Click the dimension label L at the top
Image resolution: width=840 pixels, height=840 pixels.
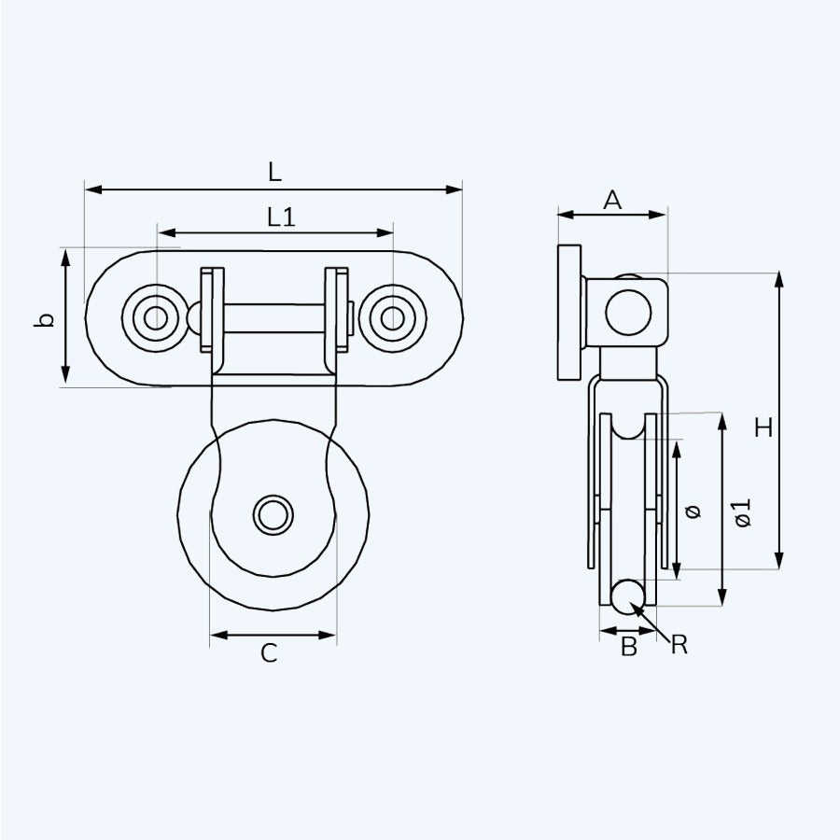(273, 172)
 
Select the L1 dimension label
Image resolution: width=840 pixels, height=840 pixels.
(281, 217)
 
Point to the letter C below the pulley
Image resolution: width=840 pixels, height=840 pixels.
(269, 654)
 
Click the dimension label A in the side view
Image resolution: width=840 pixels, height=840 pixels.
(612, 199)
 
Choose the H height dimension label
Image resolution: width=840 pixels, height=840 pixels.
(763, 428)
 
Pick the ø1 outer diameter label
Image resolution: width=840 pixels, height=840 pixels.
(742, 512)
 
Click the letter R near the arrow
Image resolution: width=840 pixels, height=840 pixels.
(679, 644)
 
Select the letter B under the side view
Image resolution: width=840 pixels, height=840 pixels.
(629, 646)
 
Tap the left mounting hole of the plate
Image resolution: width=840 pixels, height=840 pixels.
(156, 318)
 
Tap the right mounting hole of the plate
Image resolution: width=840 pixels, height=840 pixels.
(393, 318)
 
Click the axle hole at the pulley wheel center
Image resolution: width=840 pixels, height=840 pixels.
(273, 515)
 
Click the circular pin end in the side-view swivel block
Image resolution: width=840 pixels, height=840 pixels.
(628, 312)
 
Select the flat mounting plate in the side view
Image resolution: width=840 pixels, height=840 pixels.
(569, 312)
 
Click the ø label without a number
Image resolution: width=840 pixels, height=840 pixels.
(692, 511)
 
